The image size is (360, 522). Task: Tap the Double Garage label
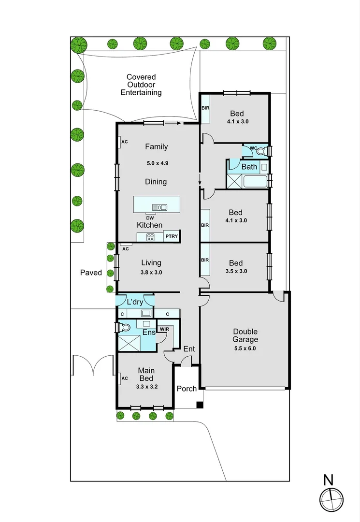point(245,335)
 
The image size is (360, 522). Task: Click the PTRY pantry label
point(172,236)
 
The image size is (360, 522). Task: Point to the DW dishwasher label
point(149,217)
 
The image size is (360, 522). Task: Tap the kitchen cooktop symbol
point(150,237)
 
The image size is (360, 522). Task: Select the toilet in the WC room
point(261,151)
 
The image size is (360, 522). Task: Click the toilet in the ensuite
point(125,328)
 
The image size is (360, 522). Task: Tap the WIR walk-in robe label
point(164,329)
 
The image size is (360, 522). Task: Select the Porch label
point(187,389)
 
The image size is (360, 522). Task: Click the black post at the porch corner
point(199,405)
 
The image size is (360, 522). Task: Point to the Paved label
point(91,273)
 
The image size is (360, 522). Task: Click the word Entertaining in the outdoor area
point(141,92)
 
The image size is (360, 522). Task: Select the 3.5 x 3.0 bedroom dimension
point(235,271)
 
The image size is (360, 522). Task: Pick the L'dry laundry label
point(135,302)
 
